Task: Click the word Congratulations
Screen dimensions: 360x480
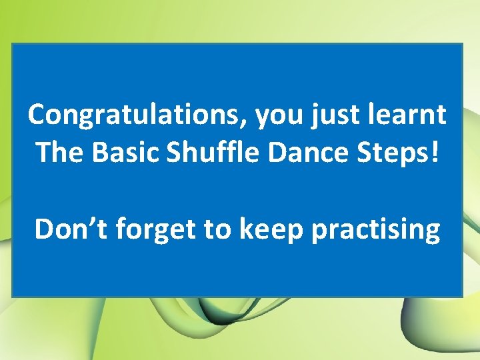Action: [x=136, y=115]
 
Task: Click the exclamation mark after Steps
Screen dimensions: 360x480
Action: [x=435, y=153]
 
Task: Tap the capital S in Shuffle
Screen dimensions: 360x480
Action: [x=174, y=153]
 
